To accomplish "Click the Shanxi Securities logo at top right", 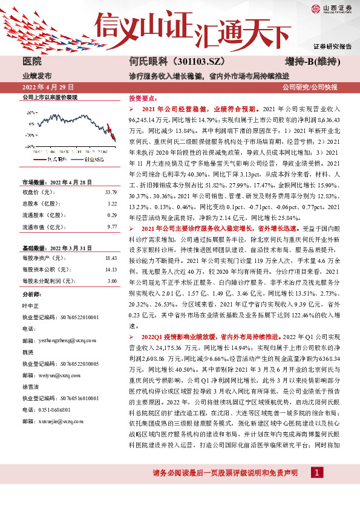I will point(331,8).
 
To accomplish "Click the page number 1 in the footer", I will point(316,489).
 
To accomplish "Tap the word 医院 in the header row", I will point(31,62).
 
